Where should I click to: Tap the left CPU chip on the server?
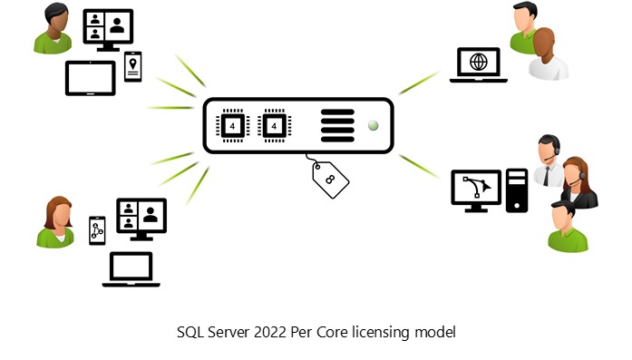[x=231, y=125]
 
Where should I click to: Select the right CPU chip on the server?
[x=275, y=125]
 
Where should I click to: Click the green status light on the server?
[x=372, y=125]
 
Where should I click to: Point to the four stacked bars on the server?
[x=336, y=125]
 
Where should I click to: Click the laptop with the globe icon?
[x=479, y=64]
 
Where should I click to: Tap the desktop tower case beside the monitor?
[x=517, y=190]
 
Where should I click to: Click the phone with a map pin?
[x=133, y=66]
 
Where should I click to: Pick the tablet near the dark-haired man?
[x=91, y=78]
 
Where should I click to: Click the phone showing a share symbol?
[x=97, y=230]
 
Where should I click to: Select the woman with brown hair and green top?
[x=56, y=223]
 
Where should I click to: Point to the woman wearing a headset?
[x=578, y=183]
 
